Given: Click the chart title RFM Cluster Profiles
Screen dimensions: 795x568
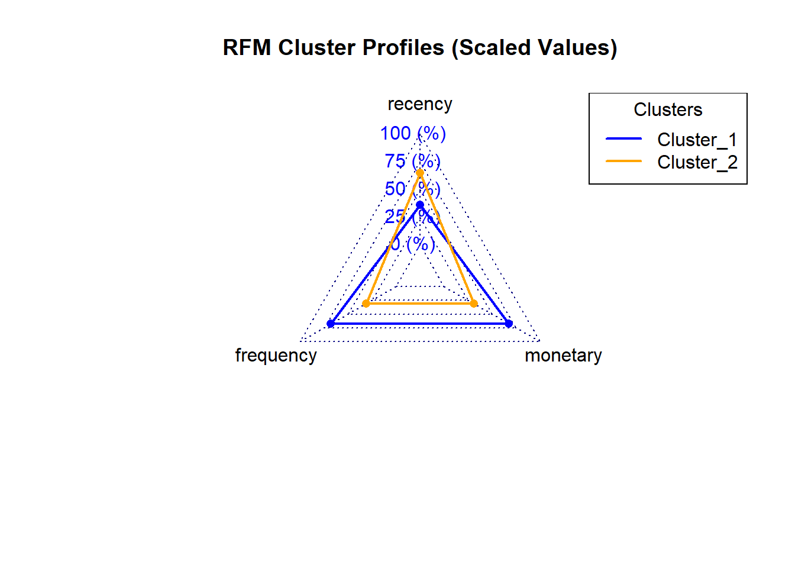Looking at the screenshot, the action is [420, 47].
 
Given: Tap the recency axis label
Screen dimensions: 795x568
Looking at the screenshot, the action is [420, 104].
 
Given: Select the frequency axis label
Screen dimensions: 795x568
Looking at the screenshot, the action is [276, 356].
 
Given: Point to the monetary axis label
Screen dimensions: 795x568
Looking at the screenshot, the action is [563, 356].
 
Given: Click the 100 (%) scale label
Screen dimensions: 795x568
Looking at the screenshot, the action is [413, 134].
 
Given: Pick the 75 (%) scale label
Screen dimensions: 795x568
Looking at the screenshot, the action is [413, 161].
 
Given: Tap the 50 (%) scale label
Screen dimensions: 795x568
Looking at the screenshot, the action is [413, 189].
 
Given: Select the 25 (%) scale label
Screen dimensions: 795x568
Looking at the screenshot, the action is [413, 217].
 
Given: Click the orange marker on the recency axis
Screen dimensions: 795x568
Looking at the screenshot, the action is [420, 173].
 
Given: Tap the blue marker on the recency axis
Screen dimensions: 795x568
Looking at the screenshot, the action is [420, 205].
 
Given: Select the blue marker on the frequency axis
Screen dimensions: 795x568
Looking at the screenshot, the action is [331, 324].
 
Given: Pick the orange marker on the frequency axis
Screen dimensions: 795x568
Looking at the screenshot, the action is [366, 304].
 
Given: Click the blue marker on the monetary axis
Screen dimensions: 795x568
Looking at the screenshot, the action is [509, 324].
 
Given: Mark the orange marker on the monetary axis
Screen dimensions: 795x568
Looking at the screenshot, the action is [474, 304].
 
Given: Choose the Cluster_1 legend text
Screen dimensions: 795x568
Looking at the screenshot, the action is [697, 140].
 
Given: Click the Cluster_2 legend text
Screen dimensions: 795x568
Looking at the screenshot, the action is [697, 163].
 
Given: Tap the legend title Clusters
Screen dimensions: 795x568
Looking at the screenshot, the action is [668, 109].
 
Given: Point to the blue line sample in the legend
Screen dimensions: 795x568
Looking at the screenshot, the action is [623, 138].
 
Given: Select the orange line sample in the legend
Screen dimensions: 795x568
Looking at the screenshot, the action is [623, 161].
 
